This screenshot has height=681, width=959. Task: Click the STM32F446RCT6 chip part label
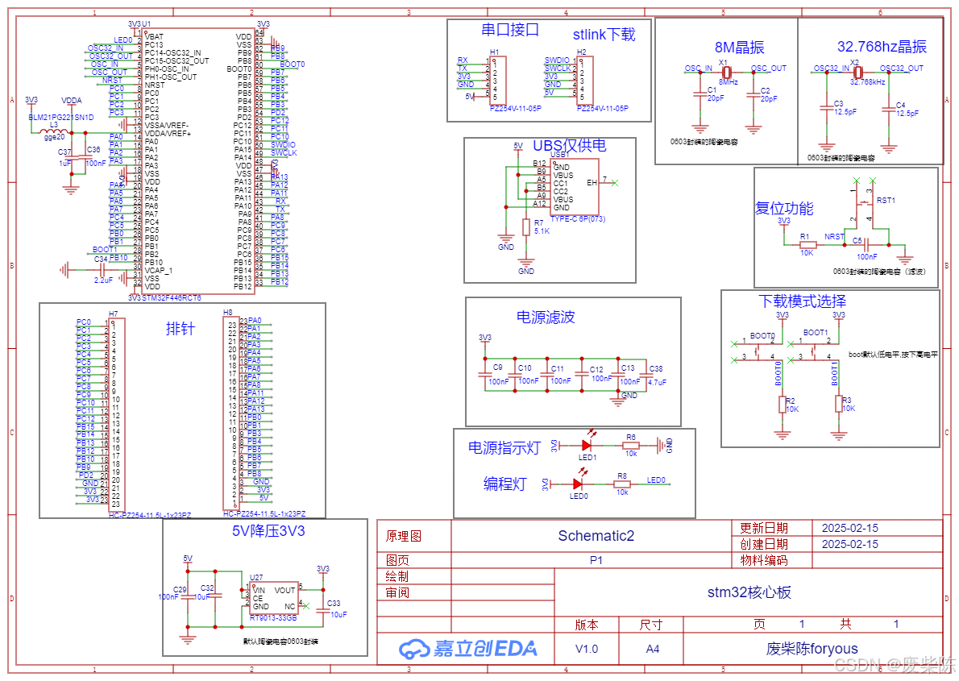pyautogui.click(x=172, y=297)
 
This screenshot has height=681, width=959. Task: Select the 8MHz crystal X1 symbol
pyautogui.click(x=726, y=71)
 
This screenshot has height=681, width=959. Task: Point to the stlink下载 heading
pyautogui.click(x=604, y=34)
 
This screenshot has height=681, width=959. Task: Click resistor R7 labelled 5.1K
pyautogui.click(x=527, y=227)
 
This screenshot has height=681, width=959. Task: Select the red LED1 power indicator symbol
pyautogui.click(x=587, y=444)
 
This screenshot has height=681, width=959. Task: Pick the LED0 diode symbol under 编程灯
pyautogui.click(x=577, y=484)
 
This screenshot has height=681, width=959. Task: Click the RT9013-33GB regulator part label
pyautogui.click(x=273, y=618)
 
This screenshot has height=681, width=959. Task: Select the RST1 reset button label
pyautogui.click(x=886, y=199)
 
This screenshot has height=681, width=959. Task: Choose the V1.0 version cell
pyautogui.click(x=587, y=649)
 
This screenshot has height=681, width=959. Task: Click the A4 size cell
pyautogui.click(x=651, y=649)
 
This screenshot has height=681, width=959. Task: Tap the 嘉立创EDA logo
pyautogui.click(x=468, y=648)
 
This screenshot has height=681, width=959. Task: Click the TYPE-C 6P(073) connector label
pyautogui.click(x=578, y=218)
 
